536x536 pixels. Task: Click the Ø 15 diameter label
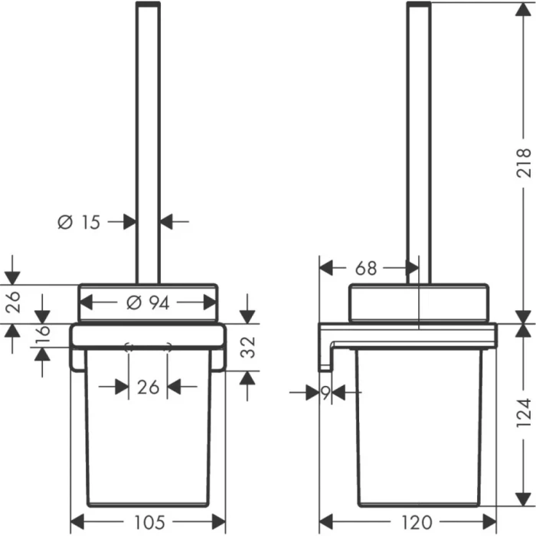pyautogui.click(x=80, y=222)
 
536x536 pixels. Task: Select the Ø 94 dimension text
pyautogui.click(x=148, y=303)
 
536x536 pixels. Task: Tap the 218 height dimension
pyautogui.click(x=523, y=162)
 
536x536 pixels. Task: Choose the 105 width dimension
pyautogui.click(x=148, y=523)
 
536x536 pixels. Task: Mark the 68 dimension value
pyautogui.click(x=367, y=269)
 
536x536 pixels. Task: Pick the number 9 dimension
pyautogui.click(x=326, y=393)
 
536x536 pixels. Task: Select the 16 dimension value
pyautogui.click(x=43, y=335)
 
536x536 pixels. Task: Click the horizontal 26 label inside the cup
pyautogui.click(x=148, y=387)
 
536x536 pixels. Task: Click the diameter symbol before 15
pyautogui.click(x=65, y=222)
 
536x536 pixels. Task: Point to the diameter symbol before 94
pyautogui.click(x=132, y=303)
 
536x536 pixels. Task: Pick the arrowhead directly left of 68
pyautogui.click(x=326, y=269)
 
